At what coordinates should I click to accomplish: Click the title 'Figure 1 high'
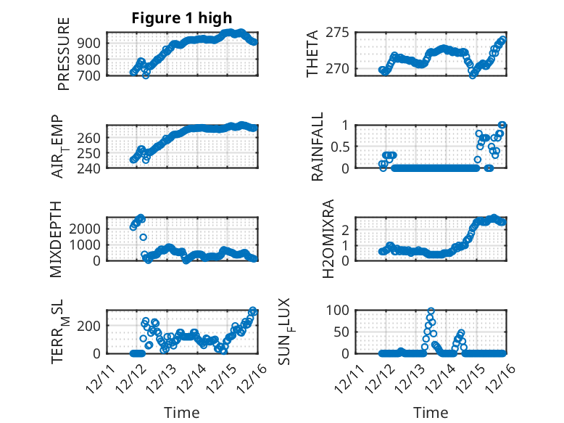point(182,17)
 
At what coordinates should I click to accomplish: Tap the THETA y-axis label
point(312,54)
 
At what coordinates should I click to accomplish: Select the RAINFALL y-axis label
point(318,147)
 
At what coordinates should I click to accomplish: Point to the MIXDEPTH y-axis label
point(57,239)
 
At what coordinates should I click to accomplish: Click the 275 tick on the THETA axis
point(341,33)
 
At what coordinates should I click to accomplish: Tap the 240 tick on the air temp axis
point(92,168)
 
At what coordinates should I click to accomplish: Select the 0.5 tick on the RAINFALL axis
point(341,146)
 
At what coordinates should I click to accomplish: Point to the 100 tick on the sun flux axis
point(338,310)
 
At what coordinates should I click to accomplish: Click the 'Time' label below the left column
point(182,412)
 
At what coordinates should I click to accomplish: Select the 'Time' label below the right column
point(431,412)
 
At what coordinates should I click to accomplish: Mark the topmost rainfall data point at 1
point(502,125)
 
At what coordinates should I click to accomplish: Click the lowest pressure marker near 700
point(146,75)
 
